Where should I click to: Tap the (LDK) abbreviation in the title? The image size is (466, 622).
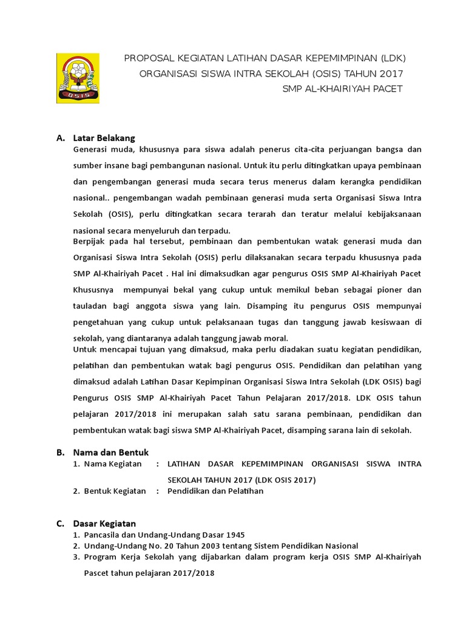(393, 58)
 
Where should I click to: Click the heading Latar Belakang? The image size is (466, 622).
(104, 138)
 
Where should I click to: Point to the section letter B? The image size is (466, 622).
(60, 452)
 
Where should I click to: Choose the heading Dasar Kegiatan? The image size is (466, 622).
(104, 523)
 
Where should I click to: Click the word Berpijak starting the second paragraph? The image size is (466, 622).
(89, 240)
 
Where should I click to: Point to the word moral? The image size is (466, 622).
(276, 338)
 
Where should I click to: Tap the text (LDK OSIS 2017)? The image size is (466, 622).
(285, 479)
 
